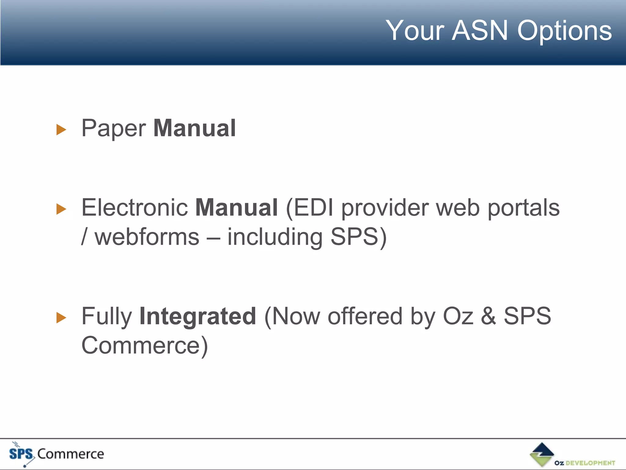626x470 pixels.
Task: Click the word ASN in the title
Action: (480, 30)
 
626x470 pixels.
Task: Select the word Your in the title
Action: (415, 30)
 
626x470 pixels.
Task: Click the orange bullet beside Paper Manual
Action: (61, 130)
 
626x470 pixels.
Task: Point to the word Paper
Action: (114, 129)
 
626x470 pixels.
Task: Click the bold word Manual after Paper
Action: (194, 128)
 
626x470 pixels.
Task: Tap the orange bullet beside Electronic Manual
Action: (61, 209)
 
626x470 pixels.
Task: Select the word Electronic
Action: (134, 208)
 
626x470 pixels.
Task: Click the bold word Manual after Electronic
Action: (236, 208)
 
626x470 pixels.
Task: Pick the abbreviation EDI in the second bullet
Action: (313, 208)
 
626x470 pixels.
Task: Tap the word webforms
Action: (147, 237)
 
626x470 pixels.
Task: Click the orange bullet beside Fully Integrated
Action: (61, 318)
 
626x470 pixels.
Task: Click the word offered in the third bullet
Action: (365, 316)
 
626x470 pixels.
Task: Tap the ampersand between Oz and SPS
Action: (488, 316)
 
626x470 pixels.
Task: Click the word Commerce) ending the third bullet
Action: (145, 345)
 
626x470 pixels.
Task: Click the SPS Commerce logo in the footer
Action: (57, 454)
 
